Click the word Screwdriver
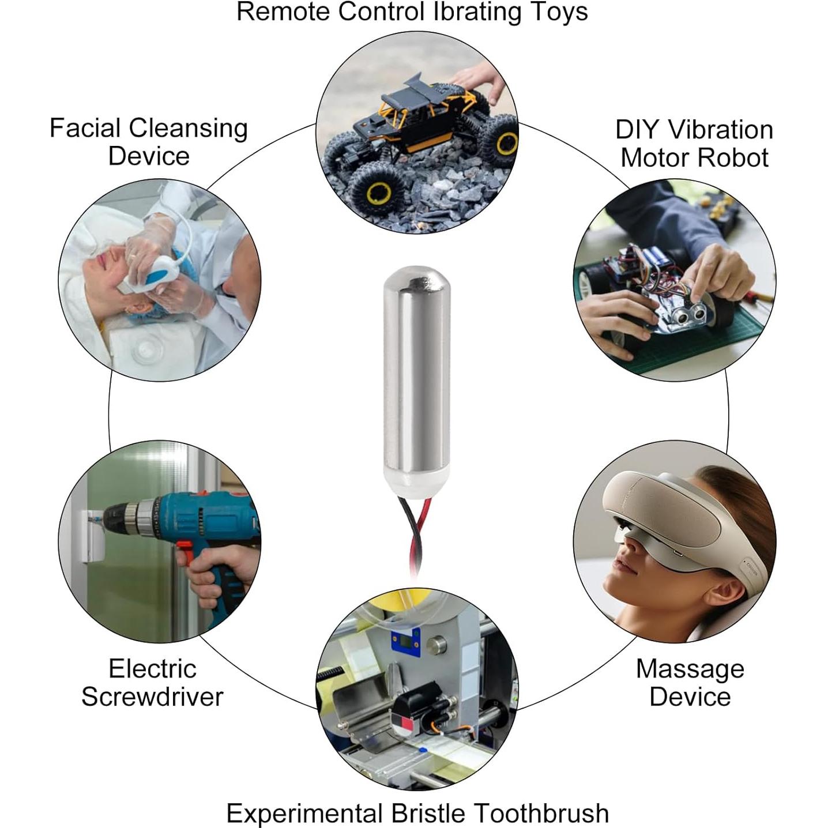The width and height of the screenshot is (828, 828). [x=153, y=696]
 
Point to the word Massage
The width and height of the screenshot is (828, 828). [x=690, y=669]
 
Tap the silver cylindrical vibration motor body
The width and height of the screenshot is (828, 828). [x=416, y=370]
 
